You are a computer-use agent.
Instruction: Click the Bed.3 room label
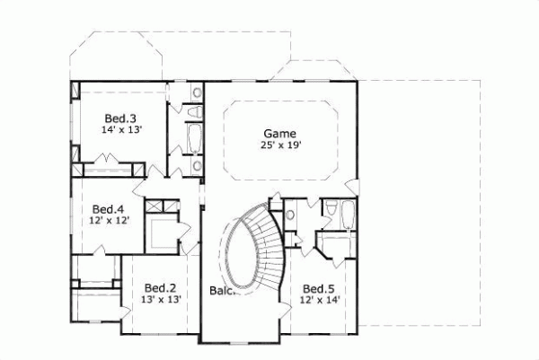pyautogui.click(x=119, y=118)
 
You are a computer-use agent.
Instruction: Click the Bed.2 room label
pyautogui.click(x=158, y=288)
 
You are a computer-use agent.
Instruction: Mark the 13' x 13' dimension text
pyautogui.click(x=158, y=300)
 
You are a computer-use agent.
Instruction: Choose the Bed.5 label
pyautogui.click(x=318, y=288)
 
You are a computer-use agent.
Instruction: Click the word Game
pyautogui.click(x=280, y=132)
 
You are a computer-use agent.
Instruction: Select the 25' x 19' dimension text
pyautogui.click(x=280, y=145)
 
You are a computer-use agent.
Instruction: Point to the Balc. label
pyautogui.click(x=222, y=291)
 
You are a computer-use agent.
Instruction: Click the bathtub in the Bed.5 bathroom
pyautogui.click(x=348, y=216)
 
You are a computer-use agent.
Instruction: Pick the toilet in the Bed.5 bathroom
pyautogui.click(x=330, y=210)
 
